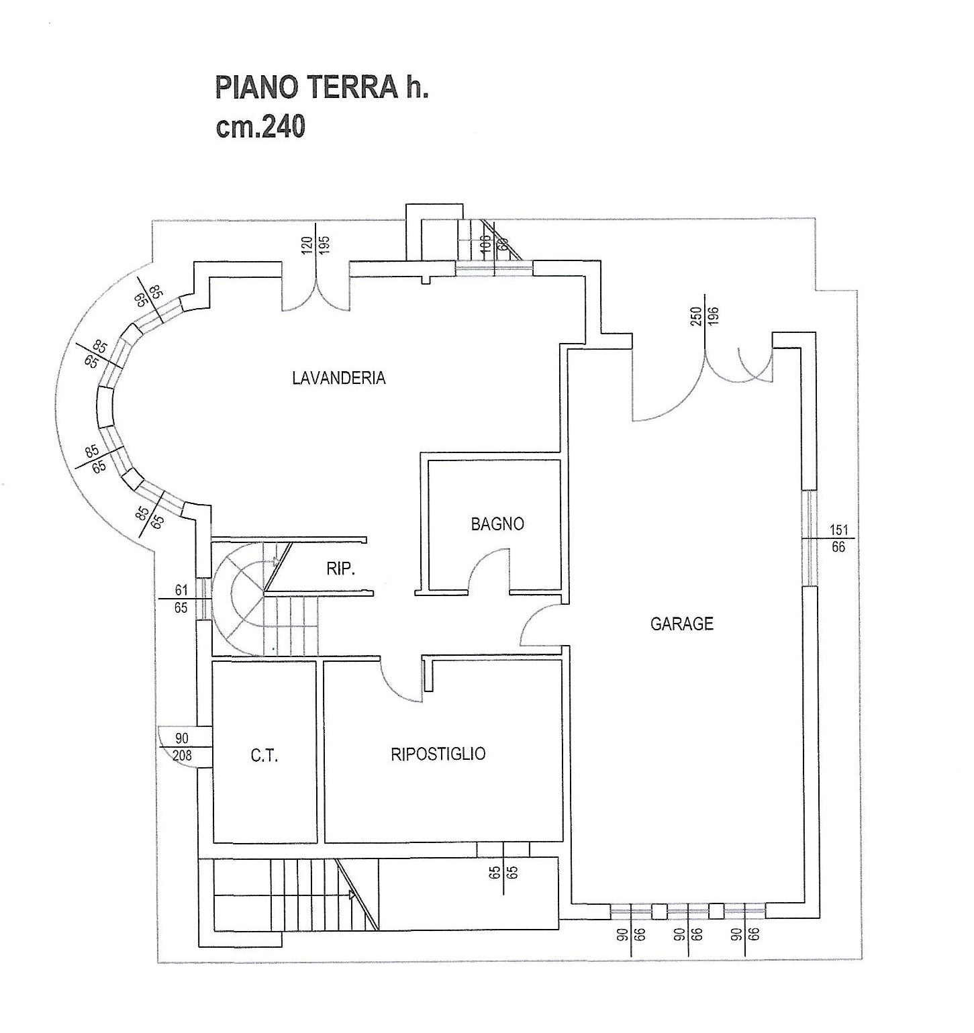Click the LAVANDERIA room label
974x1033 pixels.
pos(338,378)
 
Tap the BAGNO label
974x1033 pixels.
pos(497,524)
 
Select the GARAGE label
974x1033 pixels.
pos(681,624)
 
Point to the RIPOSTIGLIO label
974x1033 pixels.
pos(438,754)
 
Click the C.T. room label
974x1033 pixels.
pos(264,756)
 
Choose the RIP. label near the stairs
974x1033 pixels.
pos(340,569)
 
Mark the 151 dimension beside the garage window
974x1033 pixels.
pos(838,530)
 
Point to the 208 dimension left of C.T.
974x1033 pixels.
pos(181,755)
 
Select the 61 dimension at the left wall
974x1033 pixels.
pos(181,591)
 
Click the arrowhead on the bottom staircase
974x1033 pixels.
pos(352,894)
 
